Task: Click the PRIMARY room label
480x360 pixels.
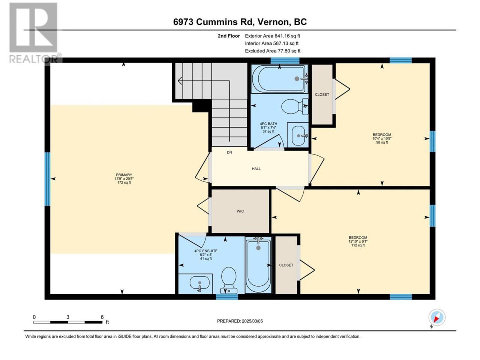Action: click(x=124, y=175)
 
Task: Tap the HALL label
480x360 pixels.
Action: click(x=256, y=169)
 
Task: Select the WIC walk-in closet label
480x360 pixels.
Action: click(x=240, y=211)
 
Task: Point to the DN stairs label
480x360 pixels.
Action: click(x=229, y=152)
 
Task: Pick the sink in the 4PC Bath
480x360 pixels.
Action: click(x=298, y=135)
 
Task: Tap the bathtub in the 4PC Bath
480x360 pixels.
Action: click(x=280, y=79)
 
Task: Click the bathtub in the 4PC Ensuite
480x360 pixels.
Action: click(x=258, y=265)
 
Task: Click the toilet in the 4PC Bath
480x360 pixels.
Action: click(x=294, y=106)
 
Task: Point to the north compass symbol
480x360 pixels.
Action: click(x=436, y=317)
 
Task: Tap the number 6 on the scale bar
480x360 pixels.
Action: click(x=102, y=317)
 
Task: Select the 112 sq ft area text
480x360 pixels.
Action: click(x=358, y=245)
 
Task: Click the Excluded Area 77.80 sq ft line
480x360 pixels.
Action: click(x=273, y=51)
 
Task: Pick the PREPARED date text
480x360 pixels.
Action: click(x=240, y=321)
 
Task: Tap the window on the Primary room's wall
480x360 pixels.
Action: click(x=47, y=179)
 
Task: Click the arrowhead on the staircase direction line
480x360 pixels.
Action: click(x=180, y=81)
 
